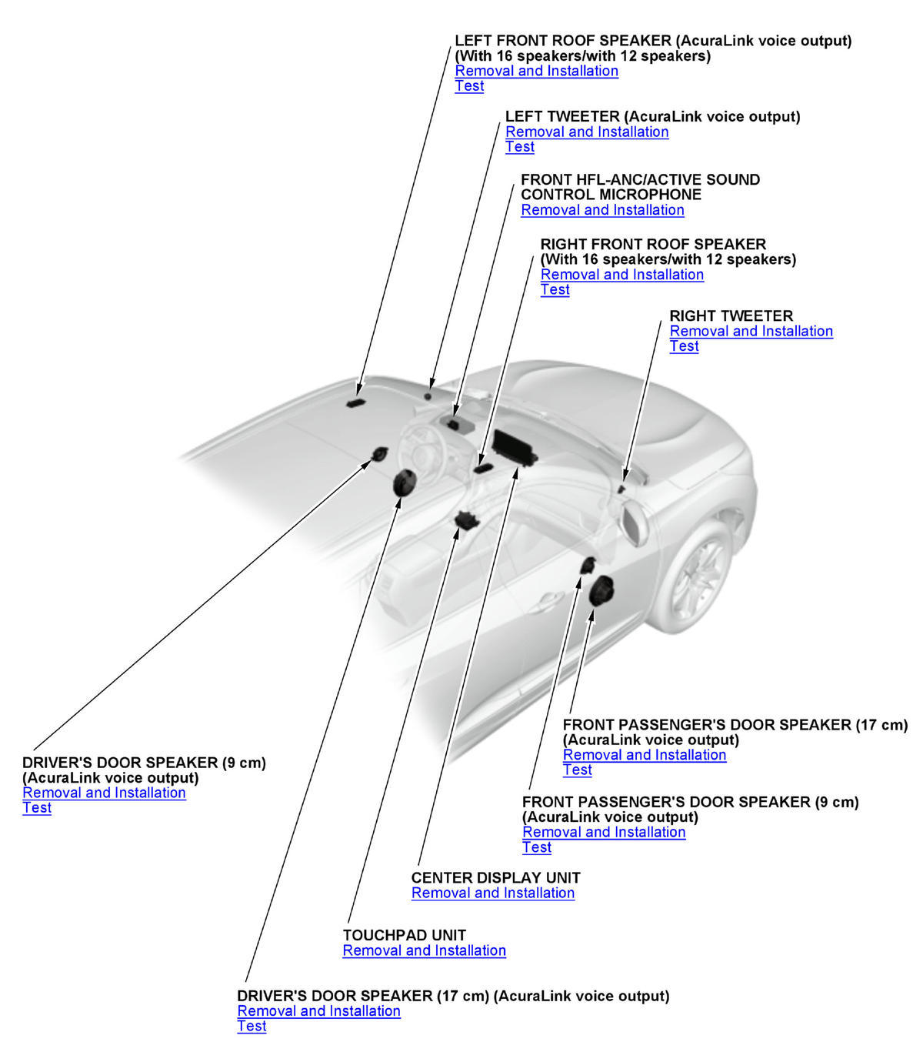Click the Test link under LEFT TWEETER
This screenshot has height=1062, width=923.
pos(520,147)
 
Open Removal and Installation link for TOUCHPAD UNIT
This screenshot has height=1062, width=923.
pos(424,950)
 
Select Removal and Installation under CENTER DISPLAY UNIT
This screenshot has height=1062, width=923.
pos(493,893)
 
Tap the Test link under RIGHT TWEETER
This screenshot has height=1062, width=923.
pos(684,346)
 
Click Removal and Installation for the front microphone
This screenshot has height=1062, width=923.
pos(602,210)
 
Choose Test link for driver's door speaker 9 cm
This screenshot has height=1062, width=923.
pos(37,808)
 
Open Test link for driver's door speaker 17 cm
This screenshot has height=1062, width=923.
pos(252,1027)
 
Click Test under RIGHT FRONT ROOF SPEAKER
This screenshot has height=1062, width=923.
pos(555,290)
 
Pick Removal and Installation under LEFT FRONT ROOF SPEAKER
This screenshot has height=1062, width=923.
pos(536,71)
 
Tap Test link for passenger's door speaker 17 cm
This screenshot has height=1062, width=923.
pos(577,770)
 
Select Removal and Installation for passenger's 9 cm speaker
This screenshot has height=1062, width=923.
pos(604,832)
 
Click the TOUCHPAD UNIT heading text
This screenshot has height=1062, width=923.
pos(405,935)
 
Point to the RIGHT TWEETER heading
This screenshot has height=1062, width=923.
pos(731,316)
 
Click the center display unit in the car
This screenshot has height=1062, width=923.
pos(514,448)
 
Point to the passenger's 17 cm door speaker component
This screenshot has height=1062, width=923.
pos(601,591)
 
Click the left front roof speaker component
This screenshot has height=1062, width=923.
pos(355,402)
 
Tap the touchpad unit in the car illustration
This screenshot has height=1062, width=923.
pos(466,519)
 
